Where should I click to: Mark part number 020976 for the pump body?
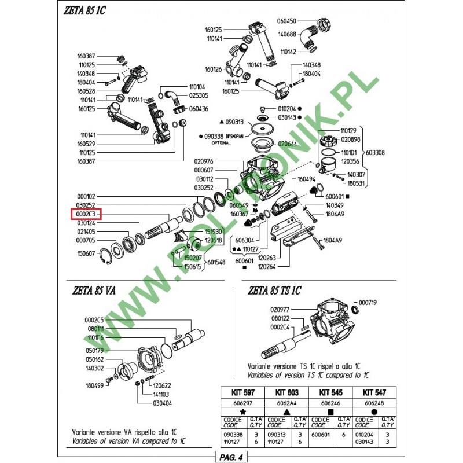[205, 161]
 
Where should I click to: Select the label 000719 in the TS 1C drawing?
[368, 303]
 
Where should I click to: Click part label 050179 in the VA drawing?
[94, 350]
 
